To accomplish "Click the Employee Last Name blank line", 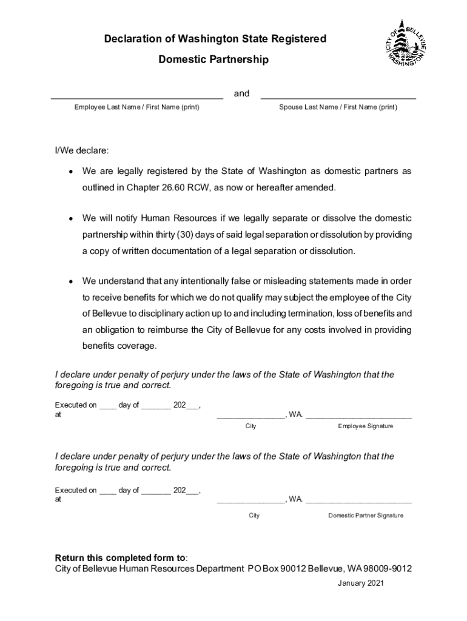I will (x=136, y=97).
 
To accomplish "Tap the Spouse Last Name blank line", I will (x=338, y=97).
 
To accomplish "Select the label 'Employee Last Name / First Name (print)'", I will (x=137, y=107).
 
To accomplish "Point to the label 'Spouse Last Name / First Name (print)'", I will (x=338, y=107).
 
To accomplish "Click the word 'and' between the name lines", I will (x=241, y=93).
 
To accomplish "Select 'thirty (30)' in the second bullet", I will (x=214, y=234).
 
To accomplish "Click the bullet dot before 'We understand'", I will (x=71, y=281).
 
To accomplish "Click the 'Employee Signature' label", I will (x=365, y=426).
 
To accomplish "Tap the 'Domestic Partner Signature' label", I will (x=365, y=515).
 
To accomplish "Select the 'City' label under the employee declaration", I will (x=250, y=426).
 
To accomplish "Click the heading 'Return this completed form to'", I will (x=121, y=557).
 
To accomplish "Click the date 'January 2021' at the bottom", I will (x=360, y=583).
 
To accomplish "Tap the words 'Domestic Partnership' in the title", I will (x=213, y=60).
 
